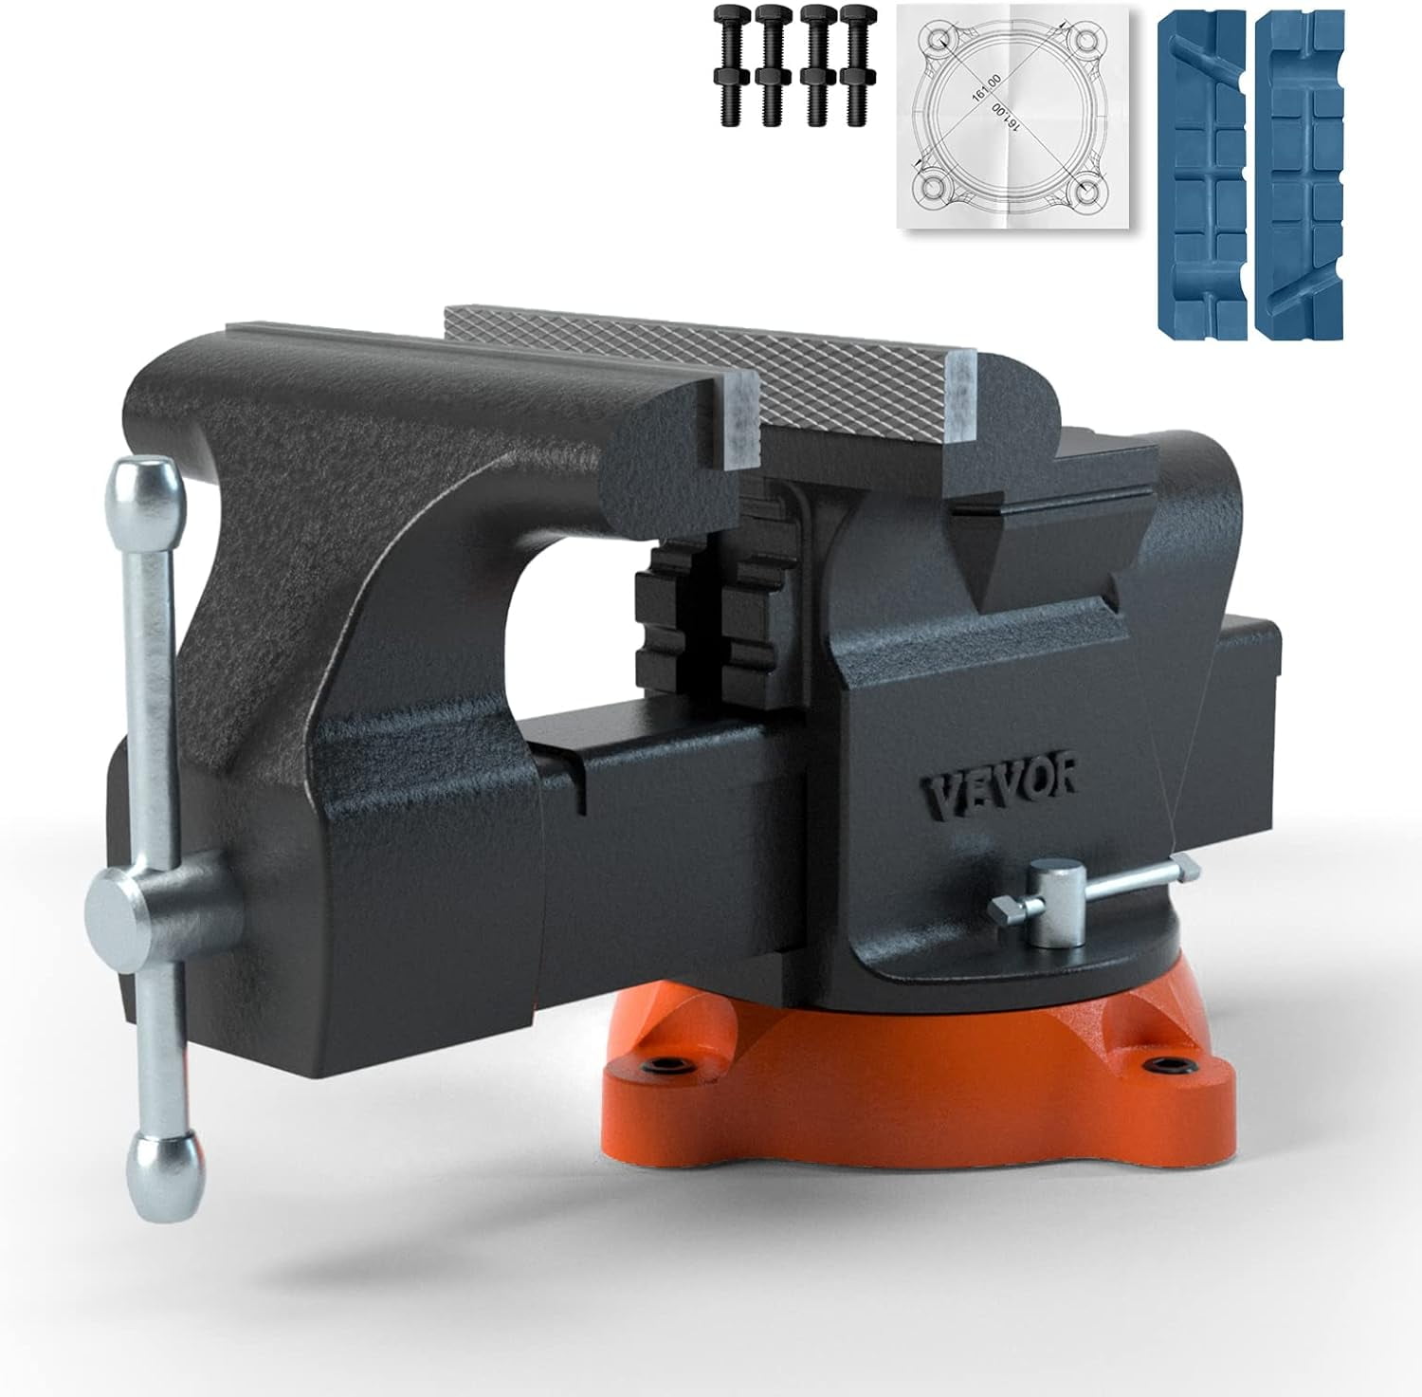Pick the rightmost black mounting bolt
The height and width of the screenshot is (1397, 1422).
[860, 65]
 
